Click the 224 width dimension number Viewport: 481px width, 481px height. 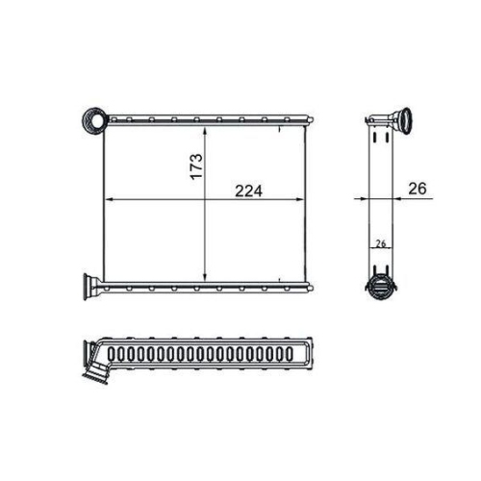(252, 190)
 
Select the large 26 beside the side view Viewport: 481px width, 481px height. (417, 189)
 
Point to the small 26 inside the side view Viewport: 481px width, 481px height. (380, 243)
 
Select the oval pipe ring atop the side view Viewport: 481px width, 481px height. (401, 122)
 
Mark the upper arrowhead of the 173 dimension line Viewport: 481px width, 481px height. (205, 127)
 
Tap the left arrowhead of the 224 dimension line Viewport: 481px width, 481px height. (107, 199)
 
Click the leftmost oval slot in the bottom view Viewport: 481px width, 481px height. (113, 354)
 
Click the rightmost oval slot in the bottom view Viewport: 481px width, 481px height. (294, 354)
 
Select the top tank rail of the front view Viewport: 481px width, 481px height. (207, 120)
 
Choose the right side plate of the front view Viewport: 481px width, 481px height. (306, 202)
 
